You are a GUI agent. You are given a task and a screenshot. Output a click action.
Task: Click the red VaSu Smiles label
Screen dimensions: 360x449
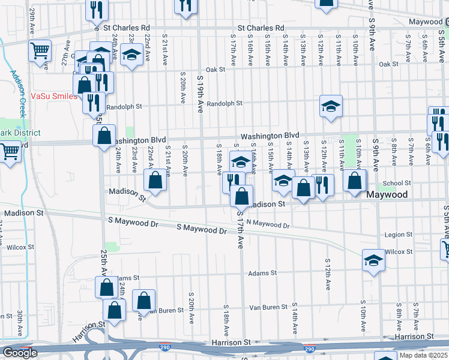pos(54,96)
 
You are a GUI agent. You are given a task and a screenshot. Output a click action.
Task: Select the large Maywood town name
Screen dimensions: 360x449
pos(387,195)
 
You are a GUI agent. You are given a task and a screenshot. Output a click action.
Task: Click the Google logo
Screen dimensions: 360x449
pos(20,353)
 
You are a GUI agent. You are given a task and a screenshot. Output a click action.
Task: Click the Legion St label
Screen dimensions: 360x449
pos(399,235)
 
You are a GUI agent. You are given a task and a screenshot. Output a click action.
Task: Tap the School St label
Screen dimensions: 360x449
pos(396,184)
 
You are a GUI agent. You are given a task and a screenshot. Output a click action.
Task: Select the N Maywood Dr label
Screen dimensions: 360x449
pos(268,225)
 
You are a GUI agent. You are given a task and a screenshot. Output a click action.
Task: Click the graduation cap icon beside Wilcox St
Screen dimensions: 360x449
pos(373,260)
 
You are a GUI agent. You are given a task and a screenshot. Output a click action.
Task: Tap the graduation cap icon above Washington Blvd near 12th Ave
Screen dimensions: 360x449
pos(331,106)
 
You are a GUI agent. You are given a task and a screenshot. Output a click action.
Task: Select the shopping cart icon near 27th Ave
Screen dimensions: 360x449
pos(40,52)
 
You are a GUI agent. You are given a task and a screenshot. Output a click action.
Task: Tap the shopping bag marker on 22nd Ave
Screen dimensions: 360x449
pos(155,180)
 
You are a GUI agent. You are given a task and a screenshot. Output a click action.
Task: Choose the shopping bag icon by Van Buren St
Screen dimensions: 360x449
pos(144,301)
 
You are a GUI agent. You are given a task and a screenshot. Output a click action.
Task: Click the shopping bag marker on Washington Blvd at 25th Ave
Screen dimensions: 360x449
pos(104,135)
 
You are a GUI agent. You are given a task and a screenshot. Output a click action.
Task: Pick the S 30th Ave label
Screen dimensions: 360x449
pos(20,323)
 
